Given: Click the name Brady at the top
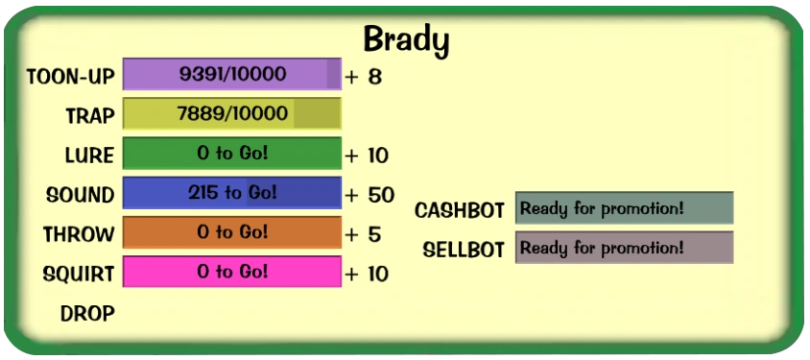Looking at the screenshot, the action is (x=406, y=41).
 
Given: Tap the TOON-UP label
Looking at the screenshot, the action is (x=70, y=77).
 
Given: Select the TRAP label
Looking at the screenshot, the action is (x=90, y=116).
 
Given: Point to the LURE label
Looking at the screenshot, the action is (x=89, y=156).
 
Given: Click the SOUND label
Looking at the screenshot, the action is (x=80, y=195).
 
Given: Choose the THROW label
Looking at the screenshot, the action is (x=79, y=234).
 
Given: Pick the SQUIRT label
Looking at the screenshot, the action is (x=79, y=275).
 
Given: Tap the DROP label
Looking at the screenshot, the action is (x=87, y=314).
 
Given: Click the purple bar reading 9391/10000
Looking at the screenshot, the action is (x=232, y=74).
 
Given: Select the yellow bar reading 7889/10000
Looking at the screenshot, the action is (x=232, y=113).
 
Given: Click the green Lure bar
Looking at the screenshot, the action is (x=232, y=153).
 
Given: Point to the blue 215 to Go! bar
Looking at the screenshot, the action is (x=232, y=193).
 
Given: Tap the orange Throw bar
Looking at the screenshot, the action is (x=232, y=232).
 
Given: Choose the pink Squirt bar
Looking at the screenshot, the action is (x=232, y=272).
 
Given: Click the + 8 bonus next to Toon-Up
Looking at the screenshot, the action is (x=364, y=78).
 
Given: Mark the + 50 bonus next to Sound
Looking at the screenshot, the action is (x=369, y=195).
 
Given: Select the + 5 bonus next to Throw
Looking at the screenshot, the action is (x=363, y=235).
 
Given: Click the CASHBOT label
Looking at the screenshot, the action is (x=460, y=211).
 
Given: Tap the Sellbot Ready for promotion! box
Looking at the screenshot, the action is (x=624, y=248).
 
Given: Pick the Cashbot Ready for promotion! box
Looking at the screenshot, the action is (x=624, y=207).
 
